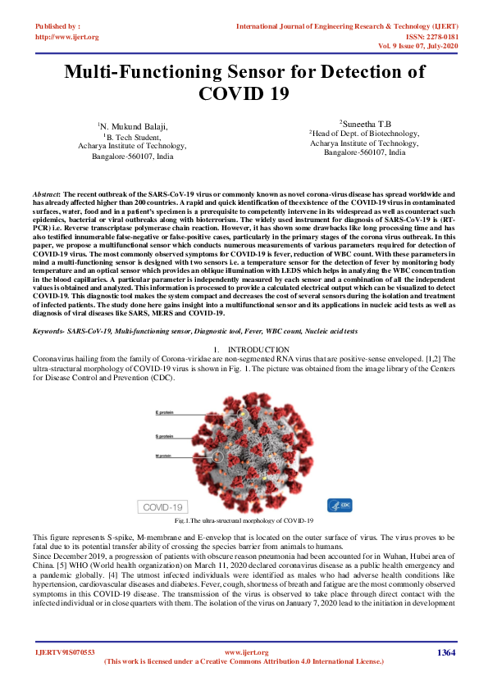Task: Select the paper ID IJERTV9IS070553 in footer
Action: click(x=65, y=652)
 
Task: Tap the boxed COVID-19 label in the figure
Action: click(x=164, y=506)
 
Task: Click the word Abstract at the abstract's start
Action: click(x=46, y=190)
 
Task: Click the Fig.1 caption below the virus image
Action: click(x=244, y=520)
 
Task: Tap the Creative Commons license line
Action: click(x=244, y=660)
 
